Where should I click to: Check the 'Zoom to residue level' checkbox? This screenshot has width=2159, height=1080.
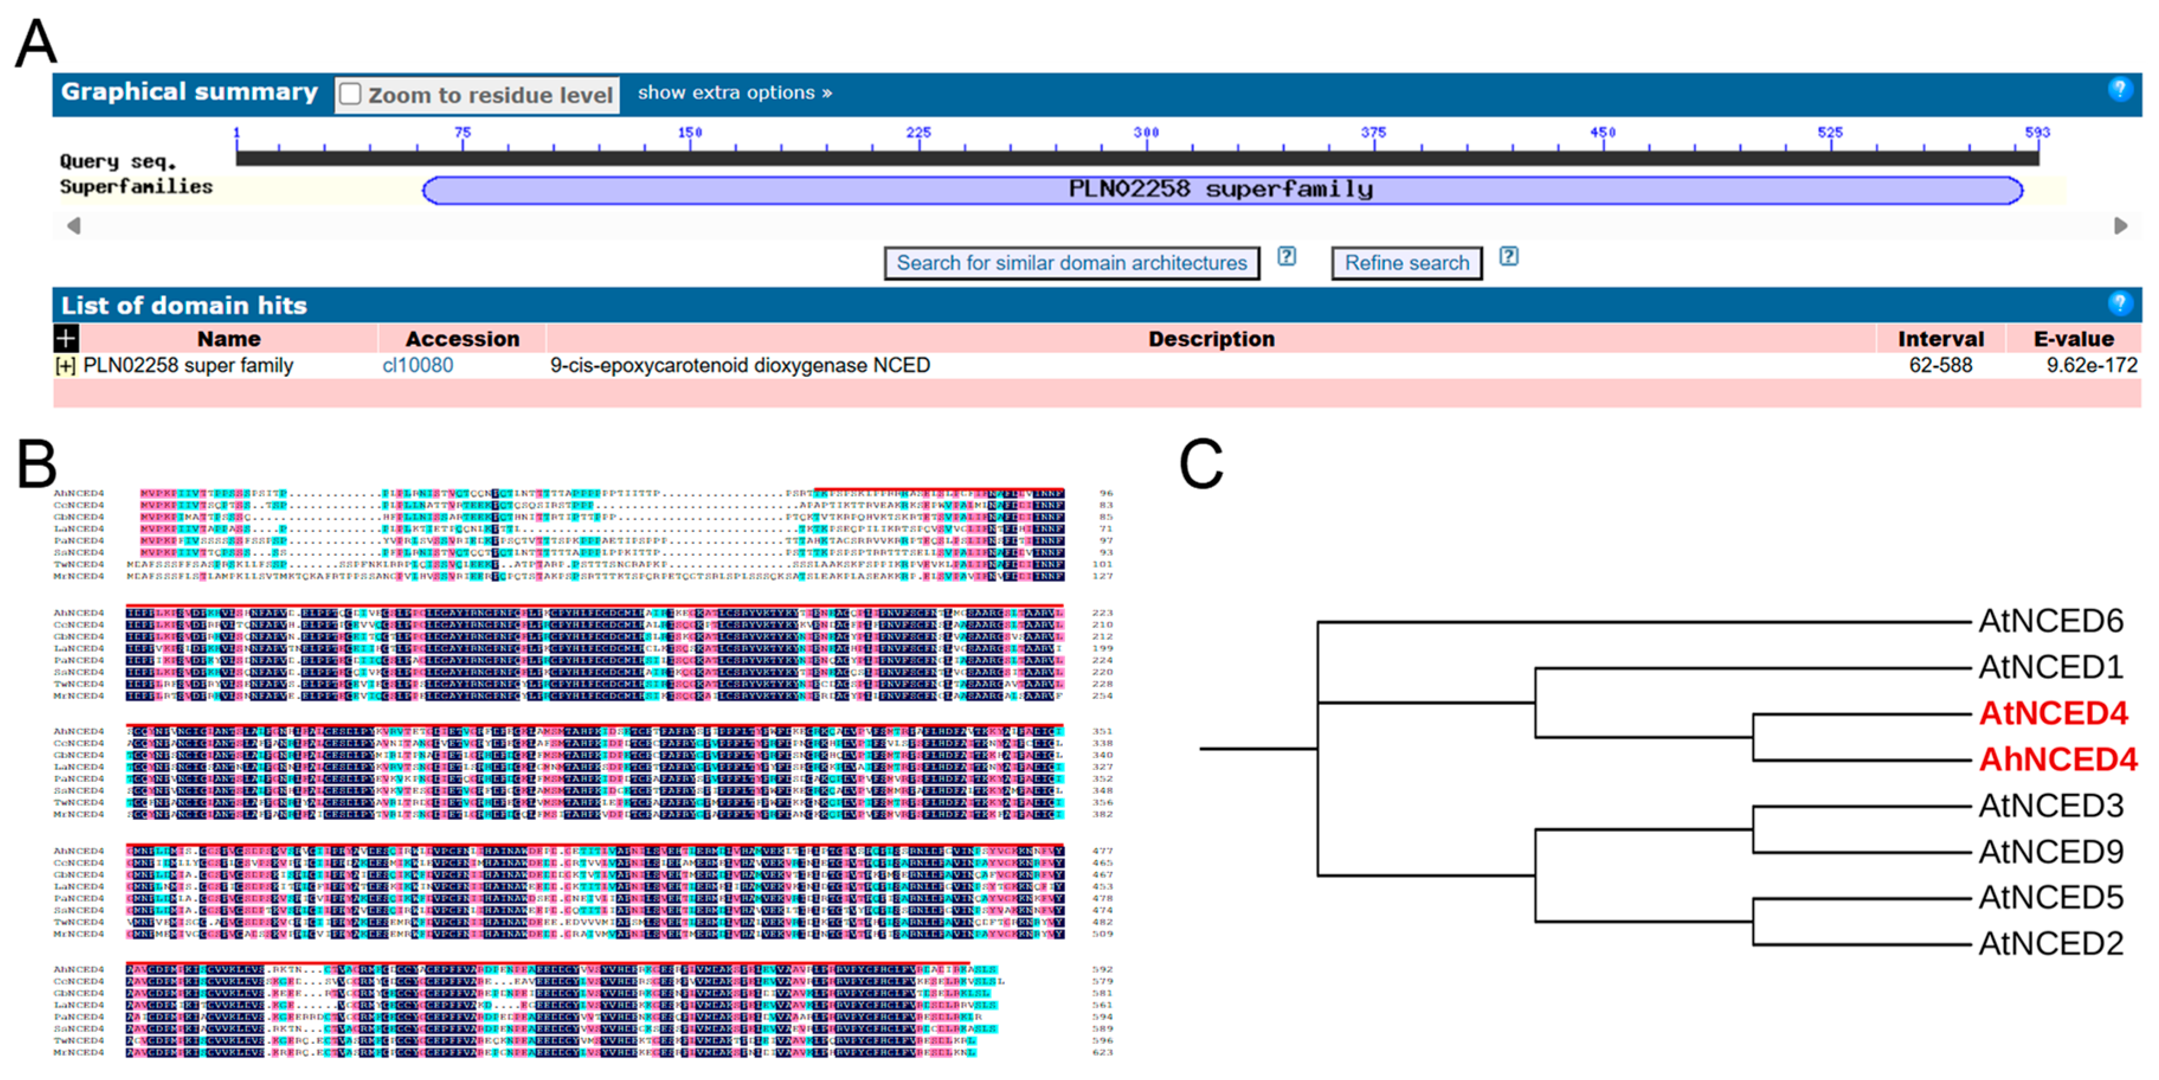coord(350,94)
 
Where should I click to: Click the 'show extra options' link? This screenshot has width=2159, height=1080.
coord(734,93)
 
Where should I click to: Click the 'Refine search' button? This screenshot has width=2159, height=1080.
coord(1406,263)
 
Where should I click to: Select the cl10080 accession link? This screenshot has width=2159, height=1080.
coord(417,366)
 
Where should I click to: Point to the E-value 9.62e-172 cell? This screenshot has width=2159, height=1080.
coord(2090,366)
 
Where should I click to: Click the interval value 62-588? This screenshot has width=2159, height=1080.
coord(1939,366)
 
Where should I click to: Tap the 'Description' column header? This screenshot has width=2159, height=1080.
coord(1210,338)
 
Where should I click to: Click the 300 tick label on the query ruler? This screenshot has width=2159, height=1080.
coord(1146,132)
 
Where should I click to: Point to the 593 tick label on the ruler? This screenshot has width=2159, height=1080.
coord(2036,132)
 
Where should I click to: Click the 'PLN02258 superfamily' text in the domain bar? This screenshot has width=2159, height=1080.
coord(1220,189)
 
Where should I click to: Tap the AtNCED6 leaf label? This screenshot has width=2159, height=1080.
coord(2050,622)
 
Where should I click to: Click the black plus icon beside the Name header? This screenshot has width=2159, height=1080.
coord(65,338)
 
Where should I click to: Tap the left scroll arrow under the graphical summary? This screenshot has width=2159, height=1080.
coord(74,225)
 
